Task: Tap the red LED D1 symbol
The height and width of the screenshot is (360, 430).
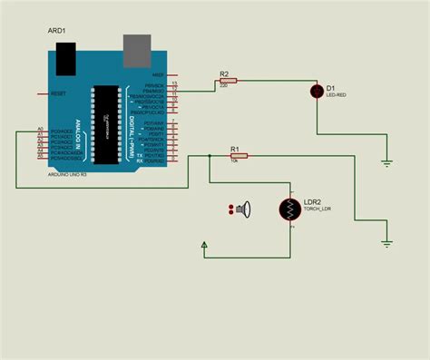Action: pos(317,90)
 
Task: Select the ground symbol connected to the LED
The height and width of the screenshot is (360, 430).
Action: pos(386,163)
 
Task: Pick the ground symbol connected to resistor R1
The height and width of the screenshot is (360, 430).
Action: pos(386,243)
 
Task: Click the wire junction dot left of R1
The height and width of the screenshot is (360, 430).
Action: pos(210,155)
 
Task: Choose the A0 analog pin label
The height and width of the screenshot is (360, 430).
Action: pos(40,130)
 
